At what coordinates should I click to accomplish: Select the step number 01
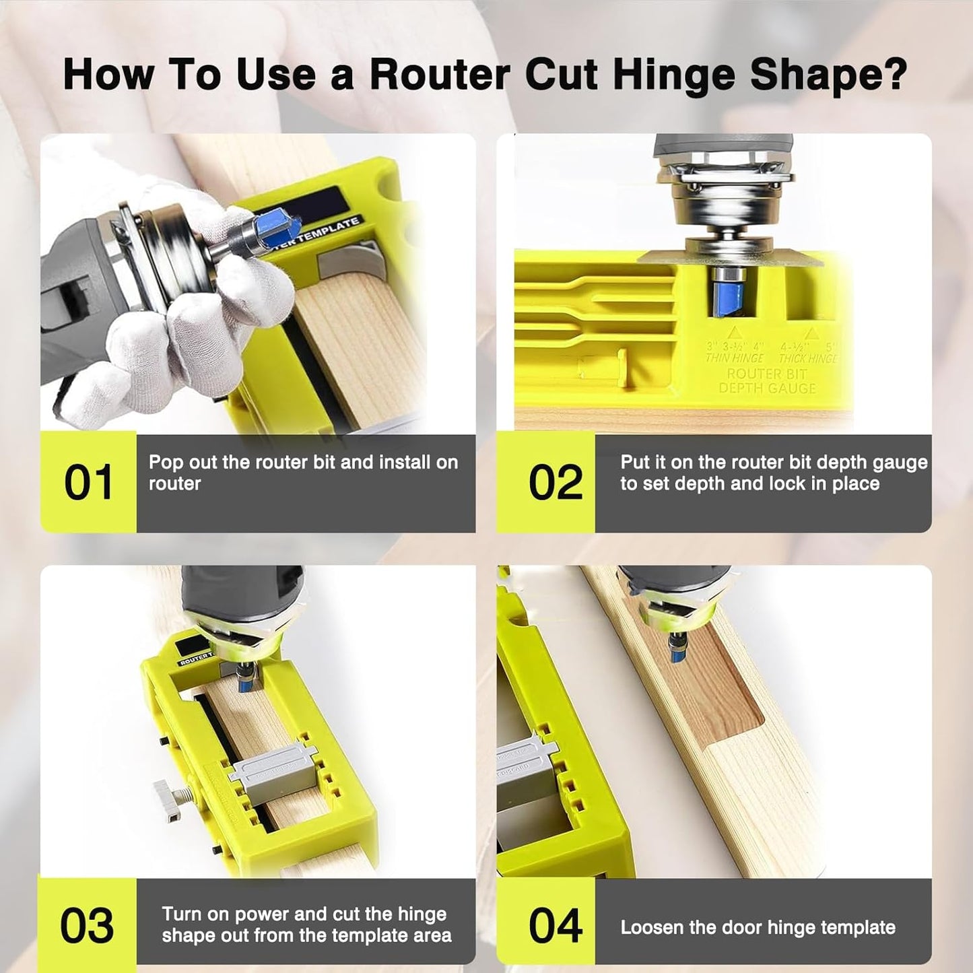[x=88, y=483]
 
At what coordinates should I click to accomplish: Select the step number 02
[x=555, y=483]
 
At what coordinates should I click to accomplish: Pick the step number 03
[x=87, y=926]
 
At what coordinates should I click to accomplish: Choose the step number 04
[x=555, y=926]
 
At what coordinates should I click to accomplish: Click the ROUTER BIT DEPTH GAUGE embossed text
[x=767, y=381]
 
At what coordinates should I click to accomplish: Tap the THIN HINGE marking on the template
[x=735, y=358]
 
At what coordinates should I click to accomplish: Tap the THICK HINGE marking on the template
[x=807, y=358]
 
